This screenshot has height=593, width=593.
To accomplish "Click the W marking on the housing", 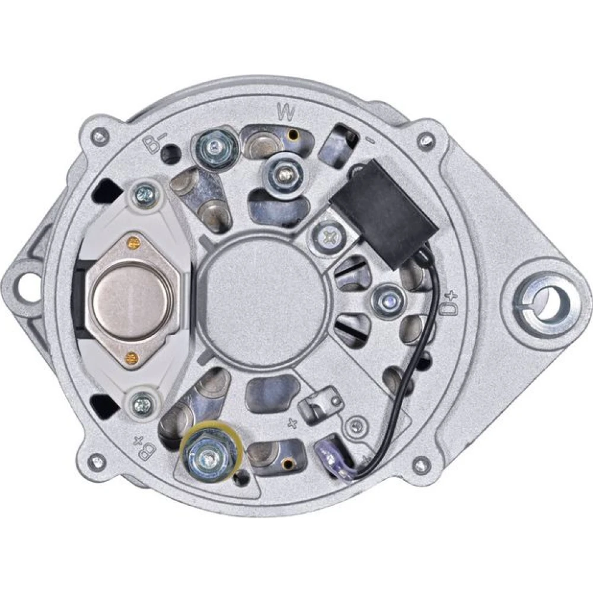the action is (x=286, y=112).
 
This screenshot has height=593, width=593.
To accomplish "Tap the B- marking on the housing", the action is (x=153, y=144).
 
